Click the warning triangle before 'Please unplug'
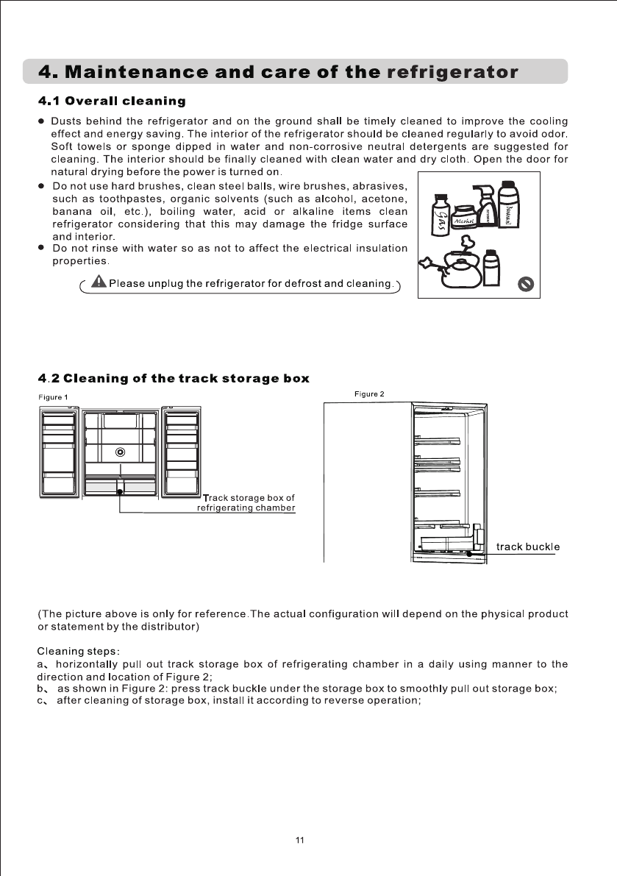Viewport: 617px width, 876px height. (98, 283)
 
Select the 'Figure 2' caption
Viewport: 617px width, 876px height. (369, 394)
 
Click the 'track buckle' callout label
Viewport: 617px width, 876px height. (528, 546)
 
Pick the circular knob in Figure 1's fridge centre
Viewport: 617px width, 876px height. (121, 452)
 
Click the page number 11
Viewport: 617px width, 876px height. (299, 840)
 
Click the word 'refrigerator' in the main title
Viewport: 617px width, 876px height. (452, 73)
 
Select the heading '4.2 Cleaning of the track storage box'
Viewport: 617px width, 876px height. (173, 379)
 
